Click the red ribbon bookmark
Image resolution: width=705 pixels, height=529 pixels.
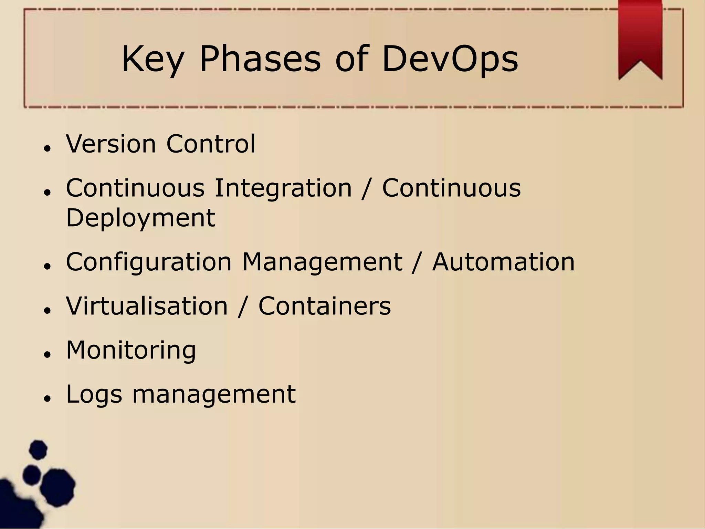pyautogui.click(x=640, y=34)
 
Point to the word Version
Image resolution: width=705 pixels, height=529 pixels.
pyautogui.click(x=111, y=144)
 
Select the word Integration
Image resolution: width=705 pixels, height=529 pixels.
pyautogui.click(x=283, y=189)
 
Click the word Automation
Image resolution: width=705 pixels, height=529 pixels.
pyautogui.click(x=503, y=262)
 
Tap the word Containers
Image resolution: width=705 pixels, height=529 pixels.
pyautogui.click(x=325, y=306)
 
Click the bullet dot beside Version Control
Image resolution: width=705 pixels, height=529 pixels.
pyautogui.click(x=48, y=148)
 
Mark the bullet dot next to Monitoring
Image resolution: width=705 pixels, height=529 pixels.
pyautogui.click(x=48, y=354)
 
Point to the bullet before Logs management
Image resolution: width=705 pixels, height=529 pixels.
pyautogui.click(x=48, y=398)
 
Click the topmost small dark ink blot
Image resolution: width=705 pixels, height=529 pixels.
pyautogui.click(x=38, y=449)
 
